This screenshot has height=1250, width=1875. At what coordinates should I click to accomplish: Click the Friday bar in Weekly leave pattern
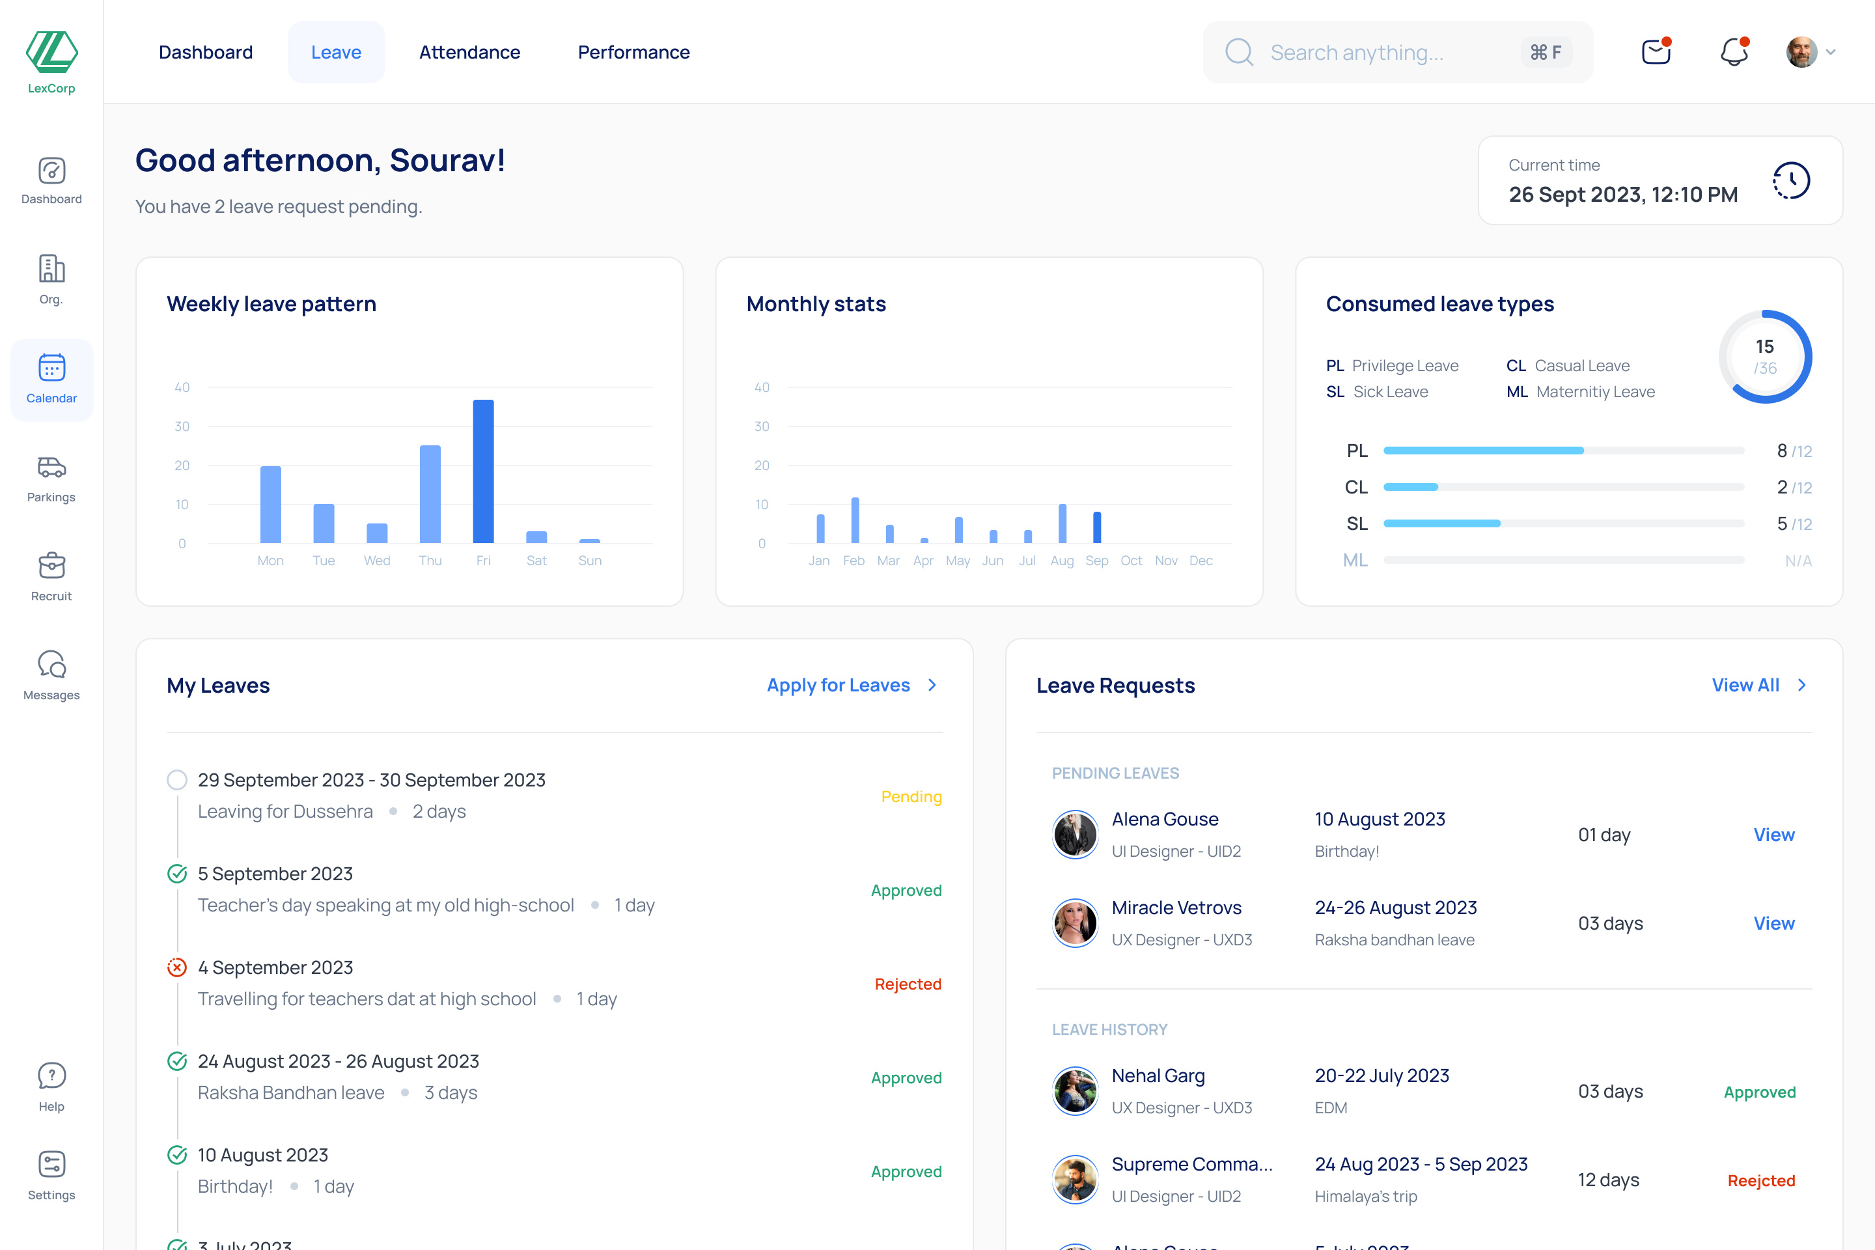tap(483, 471)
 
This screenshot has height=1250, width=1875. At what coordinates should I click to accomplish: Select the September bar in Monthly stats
tap(1097, 527)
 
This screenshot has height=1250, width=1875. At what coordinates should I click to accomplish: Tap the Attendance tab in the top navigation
tap(469, 53)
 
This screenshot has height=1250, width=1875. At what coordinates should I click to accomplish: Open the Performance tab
tap(633, 53)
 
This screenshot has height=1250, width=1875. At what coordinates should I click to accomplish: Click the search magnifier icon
tap(1239, 53)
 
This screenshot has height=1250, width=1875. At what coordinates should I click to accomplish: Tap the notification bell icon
tap(1734, 53)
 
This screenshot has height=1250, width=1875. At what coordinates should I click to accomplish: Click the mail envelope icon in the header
tap(1656, 53)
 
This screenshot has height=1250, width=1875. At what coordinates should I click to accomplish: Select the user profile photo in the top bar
tap(1801, 53)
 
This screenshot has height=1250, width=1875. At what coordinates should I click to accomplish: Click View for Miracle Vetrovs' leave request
tap(1773, 923)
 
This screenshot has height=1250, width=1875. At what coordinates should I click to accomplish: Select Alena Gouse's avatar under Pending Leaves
tap(1076, 835)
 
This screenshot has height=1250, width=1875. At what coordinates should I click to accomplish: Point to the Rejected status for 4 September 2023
tap(908, 984)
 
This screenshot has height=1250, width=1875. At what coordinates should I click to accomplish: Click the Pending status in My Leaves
tap(911, 797)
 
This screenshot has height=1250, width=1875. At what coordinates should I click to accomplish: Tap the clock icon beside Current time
tap(1791, 181)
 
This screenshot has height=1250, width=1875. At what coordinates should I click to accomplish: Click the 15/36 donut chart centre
tap(1765, 356)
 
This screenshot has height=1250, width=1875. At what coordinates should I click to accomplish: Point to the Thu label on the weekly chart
tap(430, 561)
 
